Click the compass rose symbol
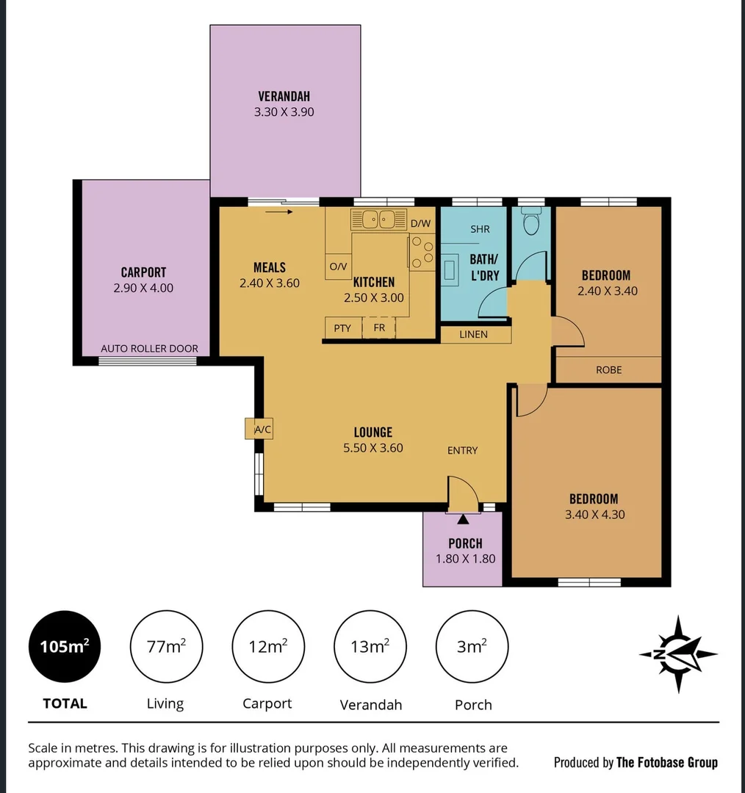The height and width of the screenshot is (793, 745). (x=677, y=654)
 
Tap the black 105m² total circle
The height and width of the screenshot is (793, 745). (x=65, y=647)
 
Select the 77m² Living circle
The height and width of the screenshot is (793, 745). (x=166, y=647)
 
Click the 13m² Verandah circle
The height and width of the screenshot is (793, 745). (x=370, y=647)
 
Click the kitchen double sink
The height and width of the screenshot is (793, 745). (x=379, y=219)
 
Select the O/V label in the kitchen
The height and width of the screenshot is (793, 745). (x=338, y=267)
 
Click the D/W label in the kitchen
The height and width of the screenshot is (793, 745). (x=420, y=223)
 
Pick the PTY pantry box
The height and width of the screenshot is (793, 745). (x=342, y=328)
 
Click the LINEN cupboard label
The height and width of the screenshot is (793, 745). (x=474, y=335)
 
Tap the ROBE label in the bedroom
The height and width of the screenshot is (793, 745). (x=608, y=370)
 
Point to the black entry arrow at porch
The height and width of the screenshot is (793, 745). (x=463, y=521)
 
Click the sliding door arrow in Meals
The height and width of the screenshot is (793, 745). (x=279, y=212)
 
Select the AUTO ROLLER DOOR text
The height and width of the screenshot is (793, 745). (x=149, y=349)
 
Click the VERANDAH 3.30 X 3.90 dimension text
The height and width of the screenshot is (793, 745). (x=284, y=112)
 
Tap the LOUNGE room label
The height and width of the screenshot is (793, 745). (x=373, y=432)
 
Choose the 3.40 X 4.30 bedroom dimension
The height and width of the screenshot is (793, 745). (x=594, y=515)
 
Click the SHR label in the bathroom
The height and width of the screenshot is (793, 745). (x=480, y=229)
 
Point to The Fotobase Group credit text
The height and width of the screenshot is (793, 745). (x=666, y=762)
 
